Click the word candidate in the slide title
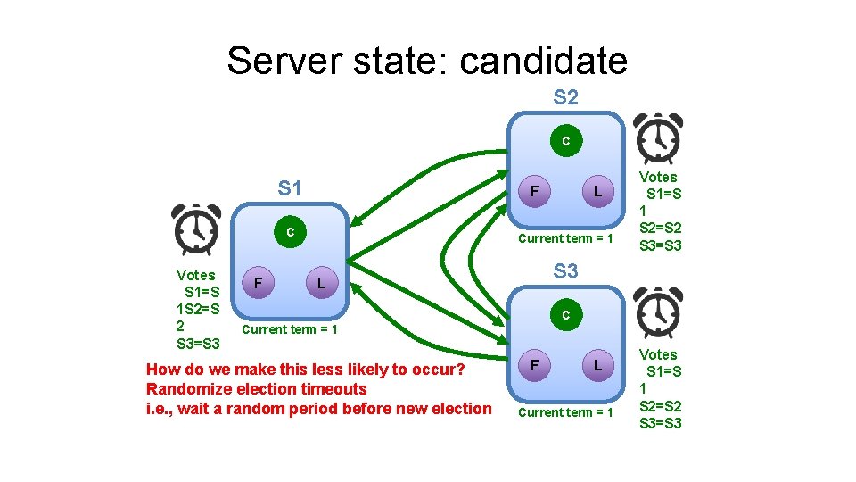click(x=543, y=61)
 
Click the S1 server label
click(x=290, y=188)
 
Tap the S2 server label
click(x=565, y=97)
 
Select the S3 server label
click(x=565, y=270)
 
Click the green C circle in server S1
click(x=290, y=232)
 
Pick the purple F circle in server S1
click(x=258, y=283)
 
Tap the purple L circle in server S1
click(x=322, y=283)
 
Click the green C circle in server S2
click(x=565, y=141)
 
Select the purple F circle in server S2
click(x=533, y=191)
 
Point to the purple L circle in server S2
click(x=598, y=191)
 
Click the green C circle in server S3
click(x=565, y=315)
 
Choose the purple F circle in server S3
click(x=533, y=365)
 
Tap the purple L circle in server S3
click(x=598, y=365)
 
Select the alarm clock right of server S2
click(x=658, y=138)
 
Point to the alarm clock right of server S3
click(x=658, y=313)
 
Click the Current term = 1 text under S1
click(x=290, y=329)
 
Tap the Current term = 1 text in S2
click(x=565, y=238)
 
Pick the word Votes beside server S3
click(x=658, y=354)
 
